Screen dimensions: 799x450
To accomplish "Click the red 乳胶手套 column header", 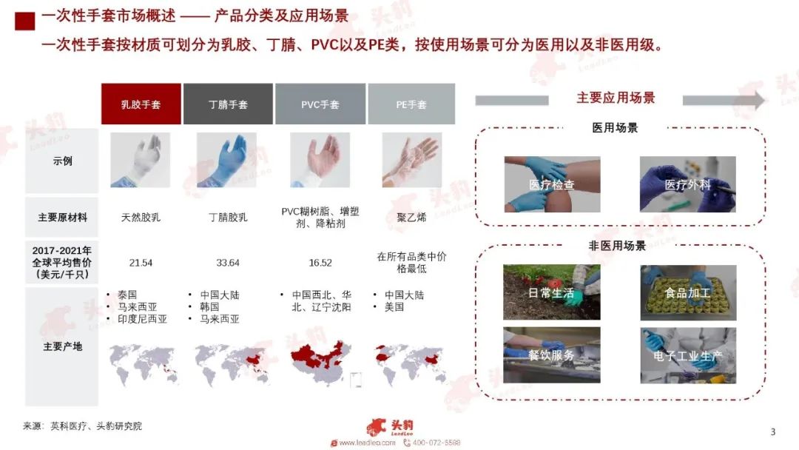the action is coord(141,104).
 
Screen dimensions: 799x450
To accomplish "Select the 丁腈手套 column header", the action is coord(228,104).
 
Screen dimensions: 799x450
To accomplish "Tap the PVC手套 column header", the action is coord(320,104).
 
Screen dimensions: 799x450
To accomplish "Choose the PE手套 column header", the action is coord(411,104).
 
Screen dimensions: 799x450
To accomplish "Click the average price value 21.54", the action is coord(141,263).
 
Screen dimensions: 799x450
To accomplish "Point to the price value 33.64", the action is coord(228,263).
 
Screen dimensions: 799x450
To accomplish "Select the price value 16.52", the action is coord(320,263).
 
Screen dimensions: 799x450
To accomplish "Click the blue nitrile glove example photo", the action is coord(227,160).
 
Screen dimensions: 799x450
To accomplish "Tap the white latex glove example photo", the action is coord(140,160).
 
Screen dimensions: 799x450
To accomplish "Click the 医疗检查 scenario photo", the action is coord(553,184).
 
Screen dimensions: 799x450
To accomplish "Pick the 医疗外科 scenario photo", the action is coord(688,184).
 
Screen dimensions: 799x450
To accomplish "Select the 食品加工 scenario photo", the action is coord(689,292).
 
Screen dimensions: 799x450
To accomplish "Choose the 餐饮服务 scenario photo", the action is coord(552,355).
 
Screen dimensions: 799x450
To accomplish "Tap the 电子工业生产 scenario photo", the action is coord(689,355).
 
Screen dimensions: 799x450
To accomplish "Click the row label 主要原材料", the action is coord(62,218).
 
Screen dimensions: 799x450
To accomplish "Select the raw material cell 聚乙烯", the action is coord(411,218).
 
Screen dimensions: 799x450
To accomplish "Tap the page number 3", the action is coord(772,431).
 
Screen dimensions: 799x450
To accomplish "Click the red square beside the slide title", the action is coord(25,21).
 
